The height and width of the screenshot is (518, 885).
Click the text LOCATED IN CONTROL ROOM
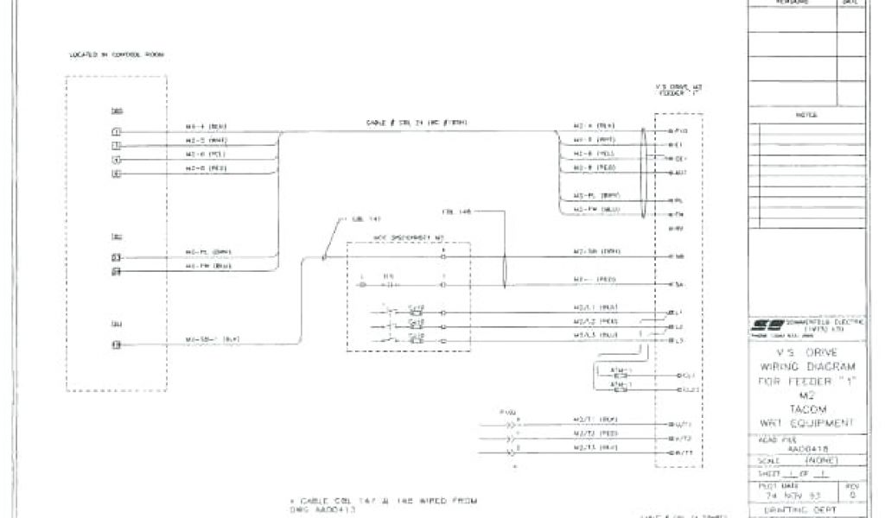[117, 54]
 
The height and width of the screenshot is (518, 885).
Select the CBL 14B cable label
[455, 210]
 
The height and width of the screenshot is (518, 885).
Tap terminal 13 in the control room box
[116, 345]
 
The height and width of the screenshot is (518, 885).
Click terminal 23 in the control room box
[116, 257]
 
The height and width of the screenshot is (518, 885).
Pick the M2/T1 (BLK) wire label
[595, 419]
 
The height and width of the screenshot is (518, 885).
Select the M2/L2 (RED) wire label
[595, 321]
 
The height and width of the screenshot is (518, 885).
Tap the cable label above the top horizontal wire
[417, 123]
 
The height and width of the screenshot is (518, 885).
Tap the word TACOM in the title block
[805, 407]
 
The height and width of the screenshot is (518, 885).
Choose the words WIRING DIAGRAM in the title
[805, 366]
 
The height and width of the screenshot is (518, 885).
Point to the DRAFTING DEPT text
[805, 511]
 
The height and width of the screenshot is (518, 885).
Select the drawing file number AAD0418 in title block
[805, 449]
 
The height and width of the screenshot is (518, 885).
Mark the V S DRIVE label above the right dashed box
[678, 88]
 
